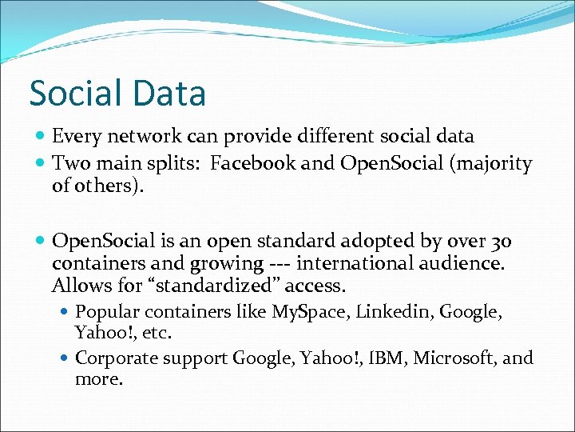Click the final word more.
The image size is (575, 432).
(97, 378)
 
